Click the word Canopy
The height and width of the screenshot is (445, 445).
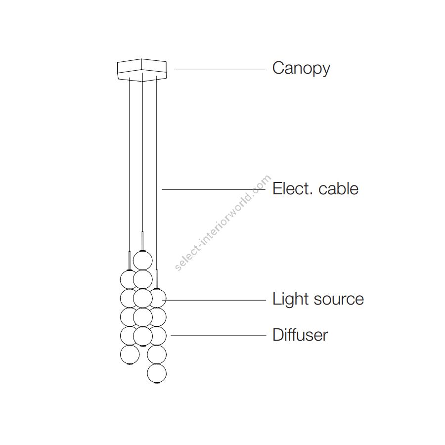(301, 68)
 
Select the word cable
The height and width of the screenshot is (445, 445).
(339, 188)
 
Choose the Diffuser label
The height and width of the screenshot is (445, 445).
(300, 335)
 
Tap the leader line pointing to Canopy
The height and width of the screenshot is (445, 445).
(220, 69)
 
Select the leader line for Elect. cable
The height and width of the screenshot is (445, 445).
(213, 189)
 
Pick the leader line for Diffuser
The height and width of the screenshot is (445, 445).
(218, 336)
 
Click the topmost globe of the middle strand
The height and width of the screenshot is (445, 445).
(142, 260)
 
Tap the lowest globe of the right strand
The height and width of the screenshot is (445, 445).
(157, 373)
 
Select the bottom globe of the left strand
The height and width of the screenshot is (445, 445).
(130, 354)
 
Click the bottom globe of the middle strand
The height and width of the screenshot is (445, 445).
(142, 336)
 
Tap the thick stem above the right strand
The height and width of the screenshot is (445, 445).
(157, 279)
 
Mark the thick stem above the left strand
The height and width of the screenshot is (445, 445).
(130, 260)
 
